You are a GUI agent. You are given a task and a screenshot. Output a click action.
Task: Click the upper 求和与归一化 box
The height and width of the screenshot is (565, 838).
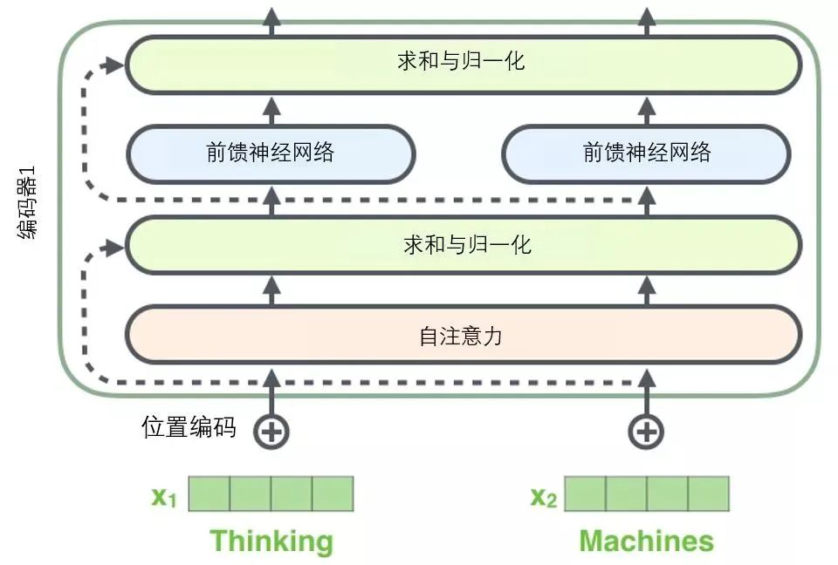(x=463, y=63)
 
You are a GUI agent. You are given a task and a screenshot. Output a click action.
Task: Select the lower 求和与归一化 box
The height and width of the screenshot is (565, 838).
(x=463, y=245)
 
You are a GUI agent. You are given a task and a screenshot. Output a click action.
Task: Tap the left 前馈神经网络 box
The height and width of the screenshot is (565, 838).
(x=271, y=154)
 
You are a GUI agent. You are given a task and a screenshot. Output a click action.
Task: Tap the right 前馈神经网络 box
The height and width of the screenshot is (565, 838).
(x=646, y=154)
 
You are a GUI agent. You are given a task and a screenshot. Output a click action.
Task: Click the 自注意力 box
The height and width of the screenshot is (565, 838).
(x=463, y=335)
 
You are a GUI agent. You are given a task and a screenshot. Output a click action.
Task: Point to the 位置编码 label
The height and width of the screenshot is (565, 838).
(x=189, y=427)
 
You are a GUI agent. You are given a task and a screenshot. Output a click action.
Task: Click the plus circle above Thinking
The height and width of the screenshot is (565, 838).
(x=271, y=431)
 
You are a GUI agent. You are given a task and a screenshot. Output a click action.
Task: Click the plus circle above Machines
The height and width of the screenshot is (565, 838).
(x=647, y=431)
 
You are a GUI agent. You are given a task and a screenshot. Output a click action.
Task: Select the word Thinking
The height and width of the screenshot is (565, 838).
(x=271, y=541)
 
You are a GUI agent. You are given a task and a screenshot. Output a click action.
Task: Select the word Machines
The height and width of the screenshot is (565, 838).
(x=647, y=541)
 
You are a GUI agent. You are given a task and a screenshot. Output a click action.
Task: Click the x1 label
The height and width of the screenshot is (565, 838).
(x=164, y=497)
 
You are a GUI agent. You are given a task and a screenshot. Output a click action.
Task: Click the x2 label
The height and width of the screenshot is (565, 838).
(x=543, y=497)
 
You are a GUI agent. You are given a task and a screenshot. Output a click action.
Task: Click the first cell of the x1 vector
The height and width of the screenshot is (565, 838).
(x=209, y=494)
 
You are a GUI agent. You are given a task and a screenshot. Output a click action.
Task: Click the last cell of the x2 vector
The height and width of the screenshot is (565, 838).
(x=708, y=494)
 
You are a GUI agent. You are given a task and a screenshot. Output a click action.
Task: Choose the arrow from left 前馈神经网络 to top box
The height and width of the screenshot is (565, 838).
(x=271, y=109)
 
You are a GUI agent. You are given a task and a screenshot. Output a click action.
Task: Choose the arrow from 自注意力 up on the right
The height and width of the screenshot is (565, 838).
(x=647, y=289)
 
